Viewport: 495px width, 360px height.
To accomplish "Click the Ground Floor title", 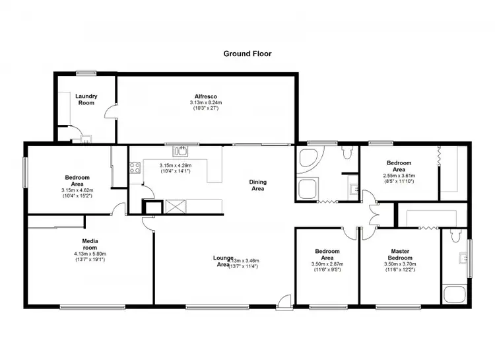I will coord(247,54).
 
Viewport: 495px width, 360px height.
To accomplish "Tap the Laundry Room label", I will coord(86,99).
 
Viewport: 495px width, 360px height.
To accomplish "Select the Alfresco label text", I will coord(206,96).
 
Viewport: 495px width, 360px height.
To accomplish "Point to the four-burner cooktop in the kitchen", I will coord(136,168).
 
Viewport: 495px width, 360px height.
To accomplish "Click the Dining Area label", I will coord(257,185).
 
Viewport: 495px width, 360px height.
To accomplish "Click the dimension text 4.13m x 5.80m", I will coord(90,253).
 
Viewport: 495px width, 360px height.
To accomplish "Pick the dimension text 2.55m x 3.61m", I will coord(399,176).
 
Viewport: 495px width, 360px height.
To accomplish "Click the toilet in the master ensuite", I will coord(454,236).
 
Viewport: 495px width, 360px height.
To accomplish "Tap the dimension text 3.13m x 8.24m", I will coord(206,103).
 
